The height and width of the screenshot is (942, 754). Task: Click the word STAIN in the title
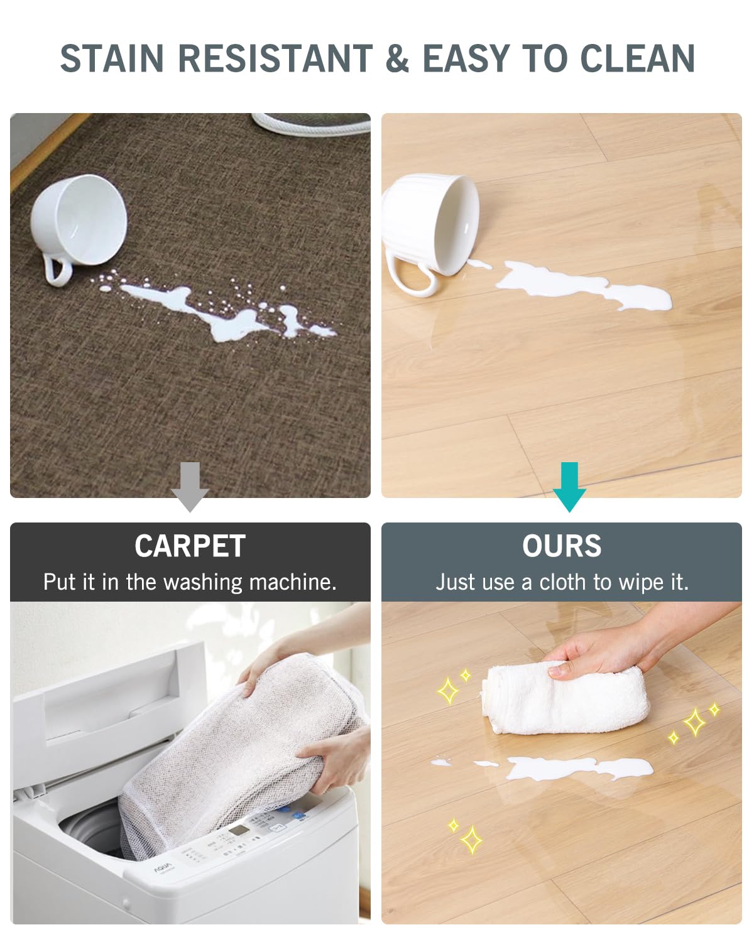point(112,58)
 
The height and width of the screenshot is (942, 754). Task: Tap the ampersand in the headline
point(397,58)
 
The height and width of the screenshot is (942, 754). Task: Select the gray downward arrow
point(190,487)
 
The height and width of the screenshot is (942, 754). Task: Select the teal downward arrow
point(569,487)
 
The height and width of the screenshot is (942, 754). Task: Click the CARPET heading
point(190,546)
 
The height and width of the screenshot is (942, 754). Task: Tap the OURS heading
point(562,546)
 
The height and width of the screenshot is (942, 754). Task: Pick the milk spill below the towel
point(578,767)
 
